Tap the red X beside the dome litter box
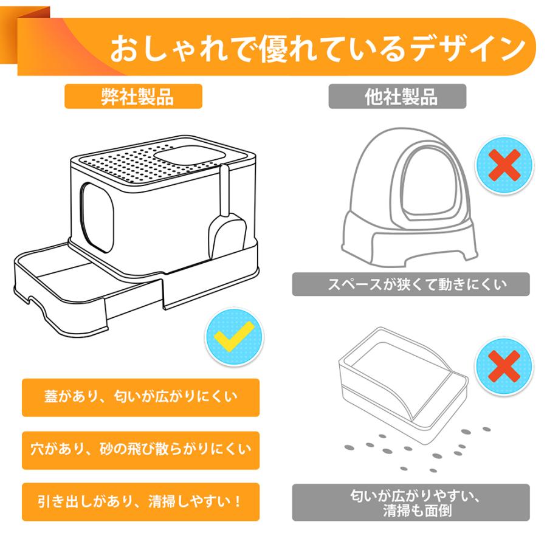504,165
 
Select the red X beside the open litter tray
504,366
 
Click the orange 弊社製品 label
133,96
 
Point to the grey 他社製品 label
397,96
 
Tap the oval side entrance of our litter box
97,216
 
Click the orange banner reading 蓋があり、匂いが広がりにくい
140,397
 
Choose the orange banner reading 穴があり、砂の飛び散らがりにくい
140,450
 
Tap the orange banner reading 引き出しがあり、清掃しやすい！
140,501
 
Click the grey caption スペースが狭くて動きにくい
411,284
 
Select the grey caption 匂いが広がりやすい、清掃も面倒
411,503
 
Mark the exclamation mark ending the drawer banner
238,501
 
